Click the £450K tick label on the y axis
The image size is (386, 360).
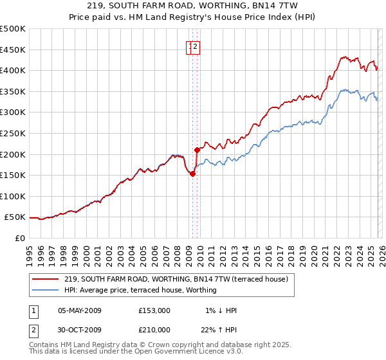coord(12,50)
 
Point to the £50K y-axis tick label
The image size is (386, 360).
coord(15,217)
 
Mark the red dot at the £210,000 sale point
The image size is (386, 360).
coord(198,150)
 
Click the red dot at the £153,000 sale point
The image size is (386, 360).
coord(192,174)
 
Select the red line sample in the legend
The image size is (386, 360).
coord(46,279)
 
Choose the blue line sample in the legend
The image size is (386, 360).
coord(46,290)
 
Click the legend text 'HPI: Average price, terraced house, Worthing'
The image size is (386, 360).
coord(140,290)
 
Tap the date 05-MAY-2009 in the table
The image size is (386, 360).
coord(80,310)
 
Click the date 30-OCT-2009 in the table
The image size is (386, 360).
coord(80,330)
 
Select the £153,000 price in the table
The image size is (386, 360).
coord(154,310)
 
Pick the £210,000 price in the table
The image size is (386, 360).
coord(154,330)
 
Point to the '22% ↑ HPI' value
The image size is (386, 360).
coord(218,330)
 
